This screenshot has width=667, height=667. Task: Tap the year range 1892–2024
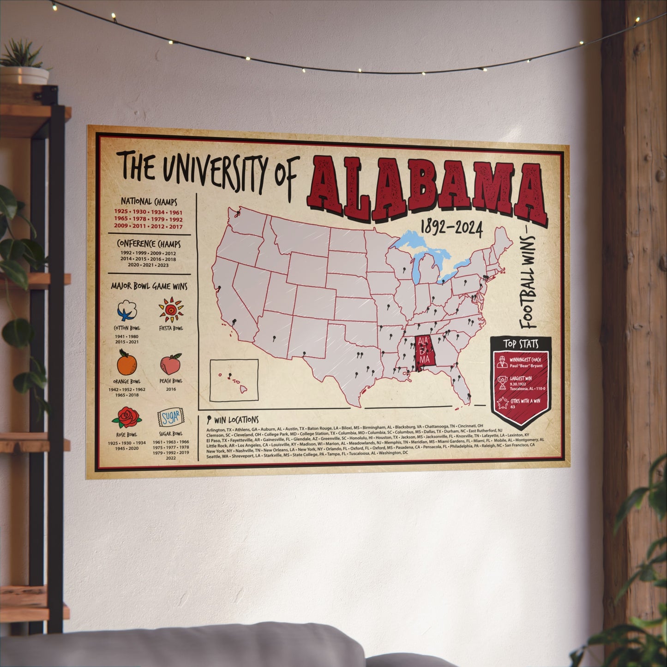(451, 227)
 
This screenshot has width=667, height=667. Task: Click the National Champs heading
(149, 202)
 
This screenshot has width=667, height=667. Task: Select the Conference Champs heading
(149, 243)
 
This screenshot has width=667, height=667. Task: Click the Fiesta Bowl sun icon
(171, 310)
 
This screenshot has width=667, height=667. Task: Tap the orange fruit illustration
(126, 364)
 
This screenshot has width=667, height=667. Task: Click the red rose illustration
(125, 417)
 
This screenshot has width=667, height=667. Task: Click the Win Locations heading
(236, 420)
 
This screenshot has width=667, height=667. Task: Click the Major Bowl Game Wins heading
(149, 287)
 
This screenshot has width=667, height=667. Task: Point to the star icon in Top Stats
(501, 403)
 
